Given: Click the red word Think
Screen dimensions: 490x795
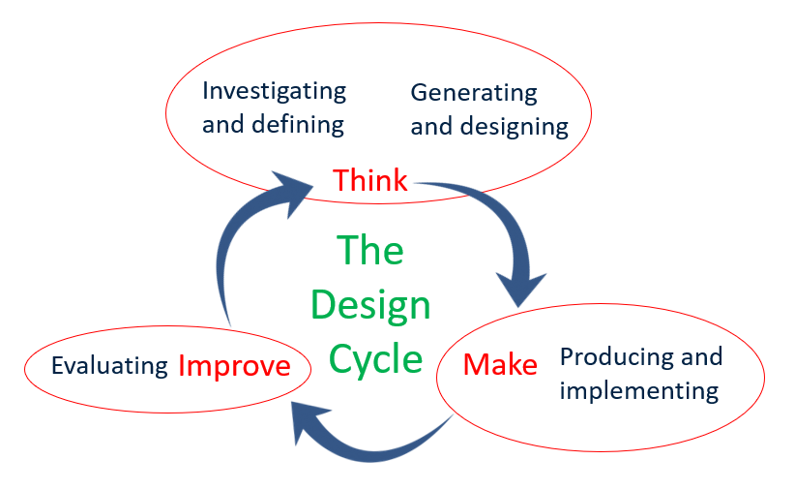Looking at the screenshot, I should point(369,180).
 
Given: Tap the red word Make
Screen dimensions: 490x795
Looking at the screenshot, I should point(500,365).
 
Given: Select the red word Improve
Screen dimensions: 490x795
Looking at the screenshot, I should point(234,366).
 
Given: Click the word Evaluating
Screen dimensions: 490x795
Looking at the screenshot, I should point(109,366).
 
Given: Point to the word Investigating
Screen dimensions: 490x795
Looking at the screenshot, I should point(274,92).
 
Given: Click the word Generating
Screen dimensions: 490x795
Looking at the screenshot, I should point(474,93).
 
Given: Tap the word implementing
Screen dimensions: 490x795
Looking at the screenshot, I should point(639,391).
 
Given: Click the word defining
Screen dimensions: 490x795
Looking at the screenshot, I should point(298,125).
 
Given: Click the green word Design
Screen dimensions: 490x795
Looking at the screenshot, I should point(370,306).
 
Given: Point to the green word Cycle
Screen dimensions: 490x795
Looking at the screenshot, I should point(375,358).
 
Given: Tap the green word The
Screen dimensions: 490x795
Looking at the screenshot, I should point(370,252).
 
